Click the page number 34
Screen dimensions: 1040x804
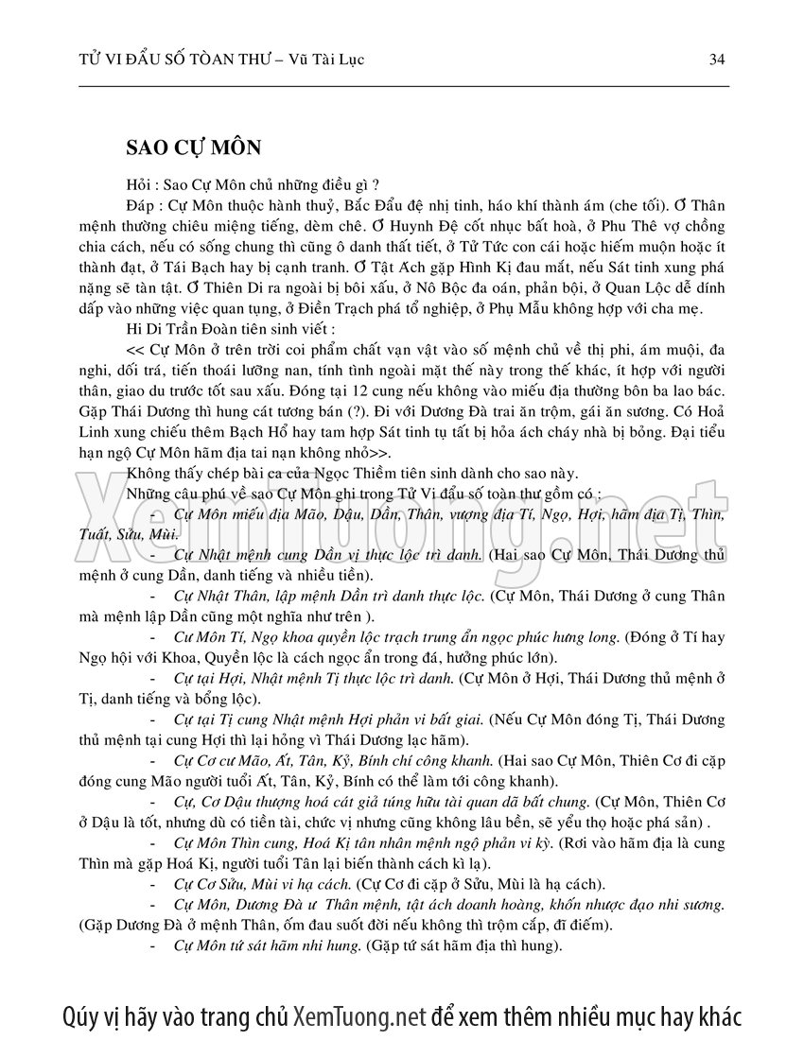pos(716,60)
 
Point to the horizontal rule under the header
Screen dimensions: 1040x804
pos(402,87)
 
